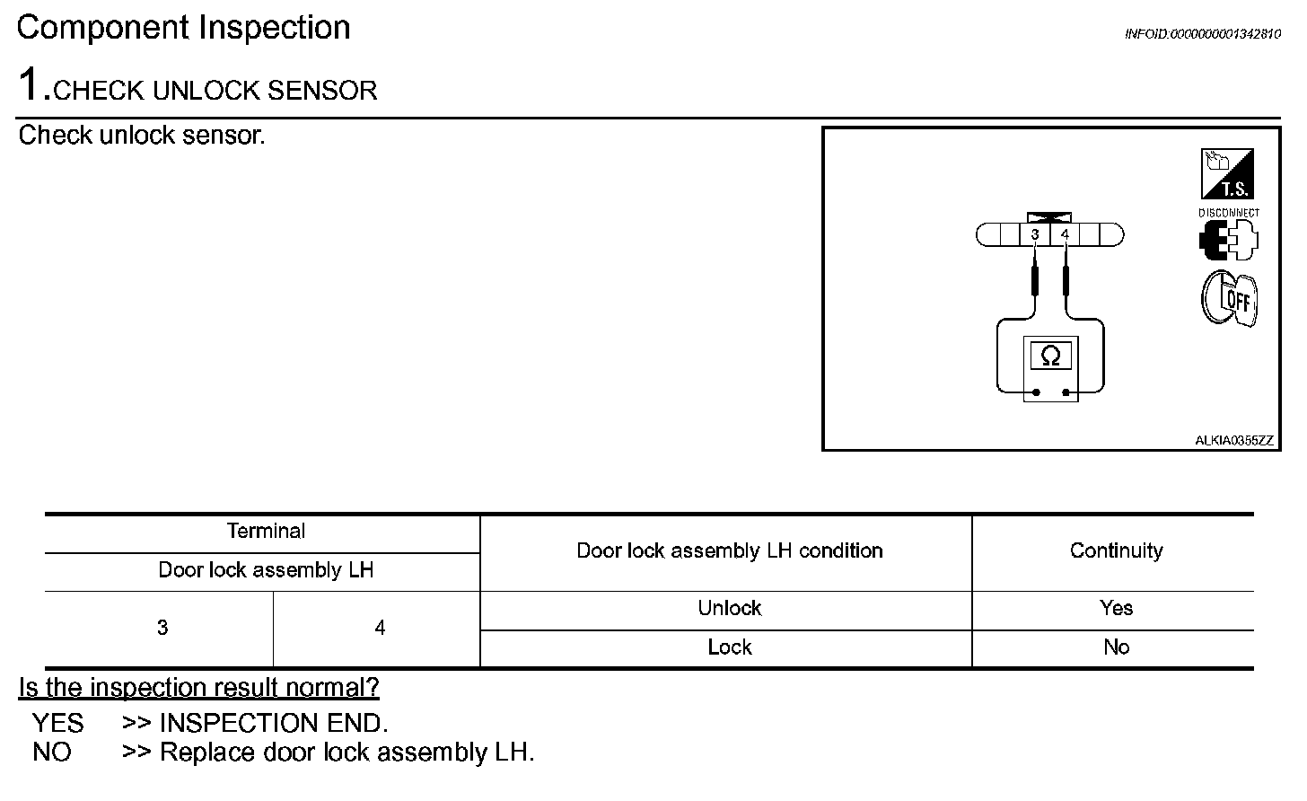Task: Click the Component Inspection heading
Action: [184, 28]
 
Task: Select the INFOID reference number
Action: [1202, 34]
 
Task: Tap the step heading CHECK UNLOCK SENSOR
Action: [215, 91]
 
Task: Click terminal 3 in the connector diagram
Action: [1035, 235]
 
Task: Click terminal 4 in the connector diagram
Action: [1066, 235]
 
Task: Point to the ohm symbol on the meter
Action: [1050, 356]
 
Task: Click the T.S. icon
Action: [1227, 174]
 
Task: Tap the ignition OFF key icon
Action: [1229, 298]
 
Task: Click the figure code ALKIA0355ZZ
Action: [1234, 440]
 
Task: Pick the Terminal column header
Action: [266, 532]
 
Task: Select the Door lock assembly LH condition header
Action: [729, 551]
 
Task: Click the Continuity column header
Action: [1116, 551]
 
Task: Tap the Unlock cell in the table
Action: [729, 609]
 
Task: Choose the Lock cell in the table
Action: [729, 647]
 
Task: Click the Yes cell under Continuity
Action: [1116, 609]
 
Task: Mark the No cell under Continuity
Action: [1116, 647]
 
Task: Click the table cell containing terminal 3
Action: [162, 629]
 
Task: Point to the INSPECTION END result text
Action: [274, 724]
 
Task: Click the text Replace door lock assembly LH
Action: [346, 753]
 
